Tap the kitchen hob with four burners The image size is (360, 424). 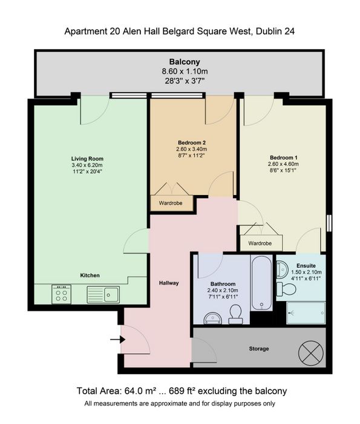pyautogui.click(x=61, y=294)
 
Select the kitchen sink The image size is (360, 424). pyautogui.click(x=103, y=295)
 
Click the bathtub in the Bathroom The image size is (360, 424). pyautogui.click(x=261, y=283)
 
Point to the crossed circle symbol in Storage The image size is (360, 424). pyautogui.click(x=311, y=353)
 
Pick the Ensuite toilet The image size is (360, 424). pyautogui.click(x=286, y=289)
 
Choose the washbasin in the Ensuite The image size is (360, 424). pyautogui.click(x=283, y=270)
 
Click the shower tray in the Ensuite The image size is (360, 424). pyautogui.click(x=306, y=313)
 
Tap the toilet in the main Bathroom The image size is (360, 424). pyautogui.click(x=236, y=314)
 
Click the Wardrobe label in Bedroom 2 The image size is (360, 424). pyautogui.click(x=171, y=203)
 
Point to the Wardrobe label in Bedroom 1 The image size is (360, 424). pyautogui.click(x=260, y=243)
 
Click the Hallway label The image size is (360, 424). pyautogui.click(x=169, y=283)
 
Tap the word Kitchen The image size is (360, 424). pyautogui.click(x=90, y=275)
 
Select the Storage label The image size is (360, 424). pyautogui.click(x=259, y=349)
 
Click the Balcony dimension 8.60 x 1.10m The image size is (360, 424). pyautogui.click(x=185, y=71)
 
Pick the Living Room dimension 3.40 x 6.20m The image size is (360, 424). pyautogui.click(x=87, y=165)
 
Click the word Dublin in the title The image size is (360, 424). pyautogui.click(x=268, y=31)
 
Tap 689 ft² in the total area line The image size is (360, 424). pyautogui.click(x=182, y=391)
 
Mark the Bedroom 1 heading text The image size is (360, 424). pyautogui.click(x=284, y=157)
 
